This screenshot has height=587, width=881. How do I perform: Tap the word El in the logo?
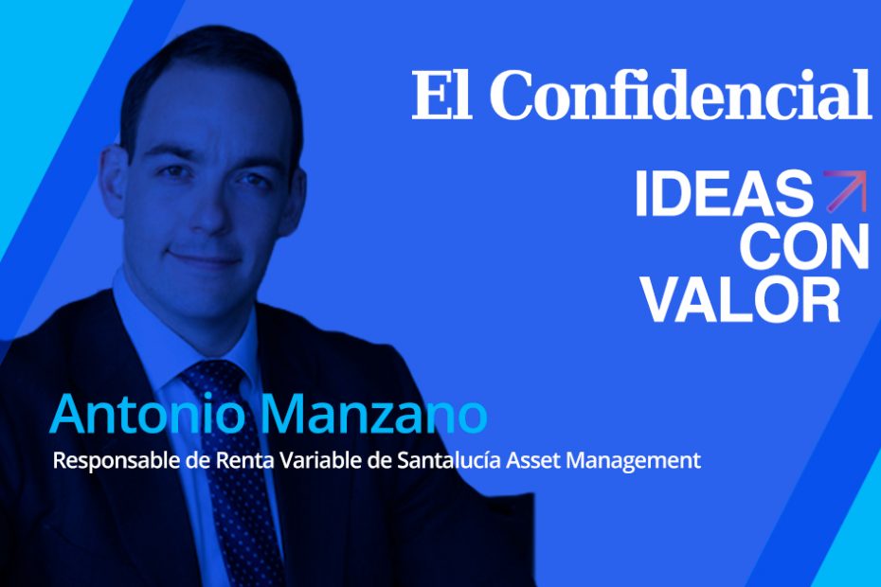click(441, 95)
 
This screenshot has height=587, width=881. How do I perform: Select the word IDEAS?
click(724, 194)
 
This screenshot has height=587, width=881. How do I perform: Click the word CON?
click(804, 248)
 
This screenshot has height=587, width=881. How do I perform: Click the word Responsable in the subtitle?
click(117, 462)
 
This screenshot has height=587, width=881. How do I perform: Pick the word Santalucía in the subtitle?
click(449, 460)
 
